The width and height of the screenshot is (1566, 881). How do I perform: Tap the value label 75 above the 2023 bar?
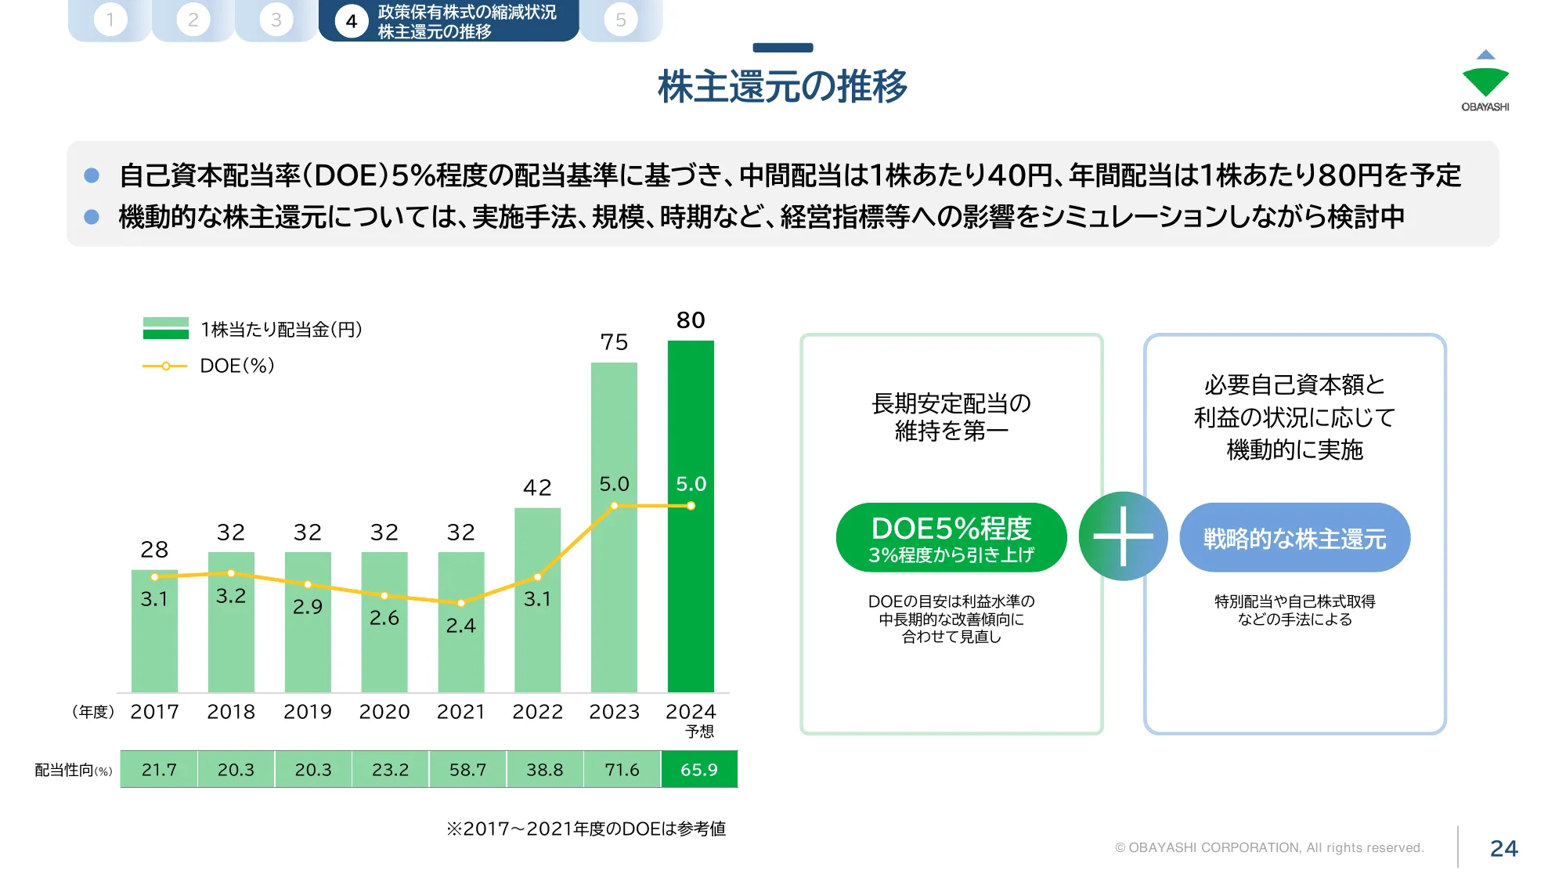tap(614, 342)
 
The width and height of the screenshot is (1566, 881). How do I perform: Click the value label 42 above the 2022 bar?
tap(537, 488)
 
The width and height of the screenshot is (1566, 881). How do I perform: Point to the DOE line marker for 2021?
tap(461, 603)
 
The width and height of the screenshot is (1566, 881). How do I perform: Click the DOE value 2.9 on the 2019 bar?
tap(307, 607)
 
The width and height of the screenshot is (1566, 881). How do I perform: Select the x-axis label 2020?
tap(384, 712)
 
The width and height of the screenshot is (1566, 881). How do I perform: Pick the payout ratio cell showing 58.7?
tap(467, 770)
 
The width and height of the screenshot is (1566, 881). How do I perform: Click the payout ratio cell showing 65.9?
tap(699, 770)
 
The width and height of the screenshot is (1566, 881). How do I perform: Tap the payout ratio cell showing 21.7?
tap(159, 770)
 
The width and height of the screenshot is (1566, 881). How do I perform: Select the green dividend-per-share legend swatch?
tap(166, 328)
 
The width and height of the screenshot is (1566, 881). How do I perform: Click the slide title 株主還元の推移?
tap(782, 86)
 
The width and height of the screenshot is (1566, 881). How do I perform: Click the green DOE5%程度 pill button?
tap(951, 538)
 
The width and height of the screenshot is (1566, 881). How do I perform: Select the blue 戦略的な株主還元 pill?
tap(1294, 538)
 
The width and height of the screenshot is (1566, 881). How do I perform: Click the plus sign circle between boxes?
tap(1123, 536)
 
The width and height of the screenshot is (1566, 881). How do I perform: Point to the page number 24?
tap(1503, 848)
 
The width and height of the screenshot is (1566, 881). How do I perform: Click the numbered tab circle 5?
tap(621, 20)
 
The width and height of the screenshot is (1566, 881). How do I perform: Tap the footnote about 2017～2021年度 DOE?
tap(586, 829)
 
